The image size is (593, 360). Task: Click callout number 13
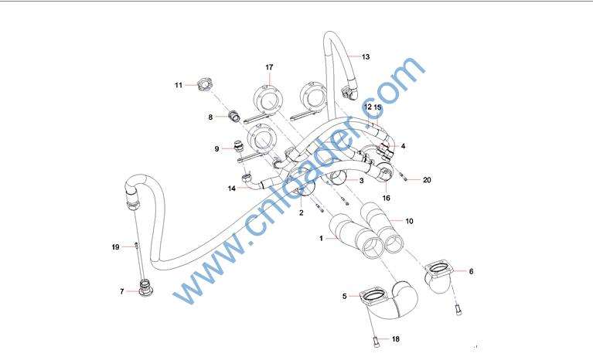coord(366,57)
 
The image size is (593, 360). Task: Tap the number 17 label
coord(269,67)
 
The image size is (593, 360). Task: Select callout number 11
coord(179,86)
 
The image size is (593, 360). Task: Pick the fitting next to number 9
coord(239,146)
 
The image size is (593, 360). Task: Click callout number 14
coord(231,188)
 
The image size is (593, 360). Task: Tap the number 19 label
coord(115,247)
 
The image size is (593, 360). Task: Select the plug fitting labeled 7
coord(145,287)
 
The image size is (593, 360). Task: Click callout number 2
coord(301,213)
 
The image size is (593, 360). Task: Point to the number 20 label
coord(427,180)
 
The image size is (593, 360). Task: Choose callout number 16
coord(386,198)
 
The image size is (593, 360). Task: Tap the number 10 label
coord(409,222)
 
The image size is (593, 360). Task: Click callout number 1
coord(321,239)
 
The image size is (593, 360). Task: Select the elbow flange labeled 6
coord(438,277)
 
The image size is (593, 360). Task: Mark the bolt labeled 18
coord(376,342)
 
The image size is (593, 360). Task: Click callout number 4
coord(403,146)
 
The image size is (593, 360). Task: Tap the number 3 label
coord(362,181)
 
